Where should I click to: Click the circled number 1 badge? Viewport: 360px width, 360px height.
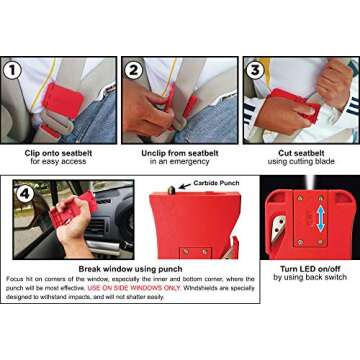click(13, 71)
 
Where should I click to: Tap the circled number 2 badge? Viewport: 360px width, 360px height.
click(133, 71)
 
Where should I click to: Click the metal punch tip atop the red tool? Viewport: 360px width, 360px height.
click(170, 189)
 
